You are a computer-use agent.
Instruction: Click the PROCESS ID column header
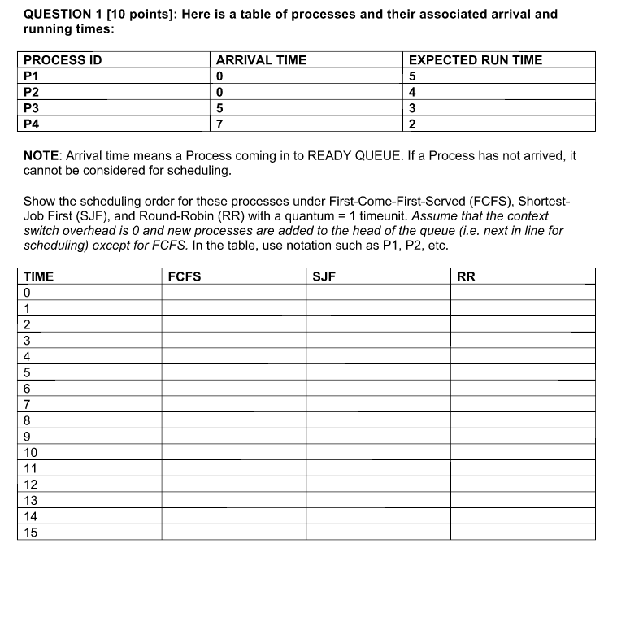pyautogui.click(x=63, y=60)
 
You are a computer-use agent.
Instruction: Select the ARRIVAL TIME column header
pyautogui.click(x=261, y=60)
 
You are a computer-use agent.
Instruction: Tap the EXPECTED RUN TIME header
pyautogui.click(x=475, y=60)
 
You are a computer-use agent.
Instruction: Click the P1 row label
pyautogui.click(x=32, y=76)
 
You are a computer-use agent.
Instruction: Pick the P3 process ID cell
pyautogui.click(x=32, y=108)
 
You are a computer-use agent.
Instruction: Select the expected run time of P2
pyautogui.click(x=413, y=92)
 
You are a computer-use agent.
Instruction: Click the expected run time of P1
pyautogui.click(x=413, y=76)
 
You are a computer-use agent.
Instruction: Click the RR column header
pyautogui.click(x=466, y=276)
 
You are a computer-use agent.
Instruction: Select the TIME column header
pyautogui.click(x=39, y=276)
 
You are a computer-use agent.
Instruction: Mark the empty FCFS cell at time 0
pyautogui.click(x=233, y=293)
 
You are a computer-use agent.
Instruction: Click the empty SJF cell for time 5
pyautogui.click(x=378, y=372)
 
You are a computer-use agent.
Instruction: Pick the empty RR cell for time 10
pyautogui.click(x=523, y=453)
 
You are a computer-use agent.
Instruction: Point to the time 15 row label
pyautogui.click(x=31, y=533)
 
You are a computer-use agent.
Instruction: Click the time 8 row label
pyautogui.click(x=28, y=420)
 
